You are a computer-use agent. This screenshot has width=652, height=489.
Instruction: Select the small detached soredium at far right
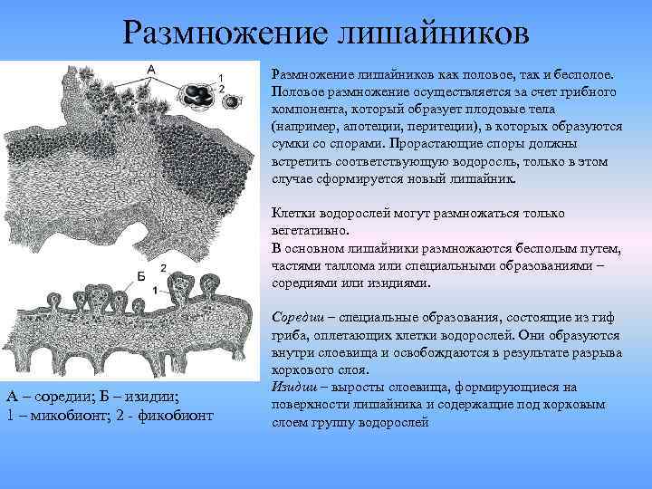coord(233,101)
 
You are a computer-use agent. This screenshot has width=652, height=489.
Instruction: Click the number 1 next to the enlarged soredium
coord(222,76)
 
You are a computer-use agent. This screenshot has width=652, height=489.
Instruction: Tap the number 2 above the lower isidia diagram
coord(162,268)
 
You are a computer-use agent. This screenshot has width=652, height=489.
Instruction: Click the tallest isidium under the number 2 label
coord(185,287)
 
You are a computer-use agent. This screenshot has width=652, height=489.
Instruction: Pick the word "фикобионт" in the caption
coord(174,415)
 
